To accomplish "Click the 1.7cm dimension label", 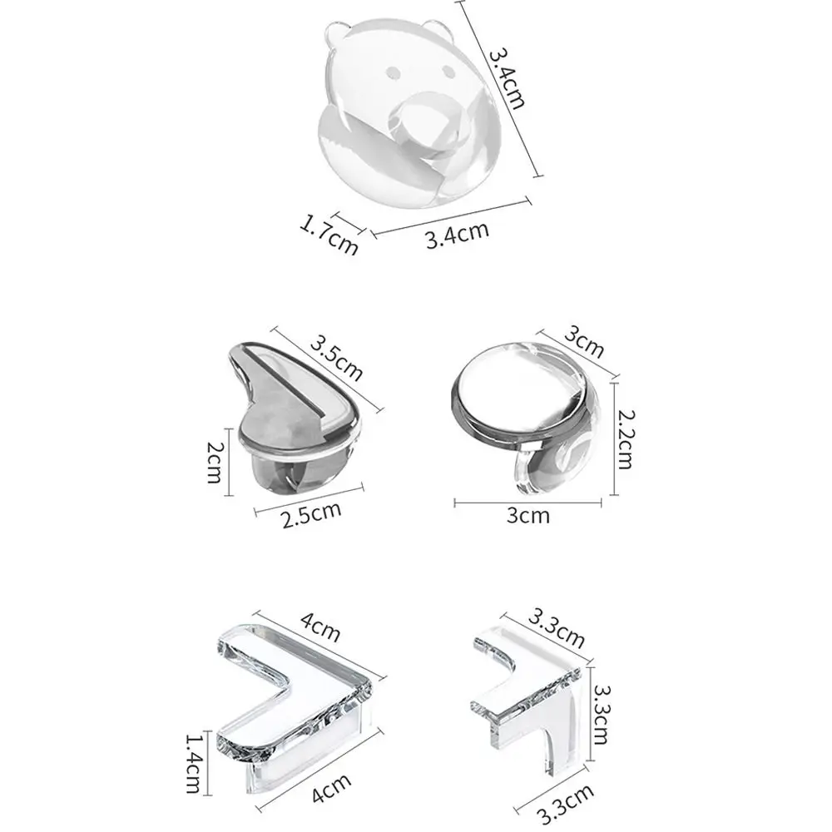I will pyautogui.click(x=329, y=234).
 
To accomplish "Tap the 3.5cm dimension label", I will pyautogui.click(x=337, y=356).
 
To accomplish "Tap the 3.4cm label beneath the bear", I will pyautogui.click(x=456, y=234).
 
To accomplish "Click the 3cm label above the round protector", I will pyautogui.click(x=584, y=337).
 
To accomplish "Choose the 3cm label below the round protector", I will pyautogui.click(x=528, y=515).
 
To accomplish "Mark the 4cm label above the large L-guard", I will pyautogui.click(x=320, y=626).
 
